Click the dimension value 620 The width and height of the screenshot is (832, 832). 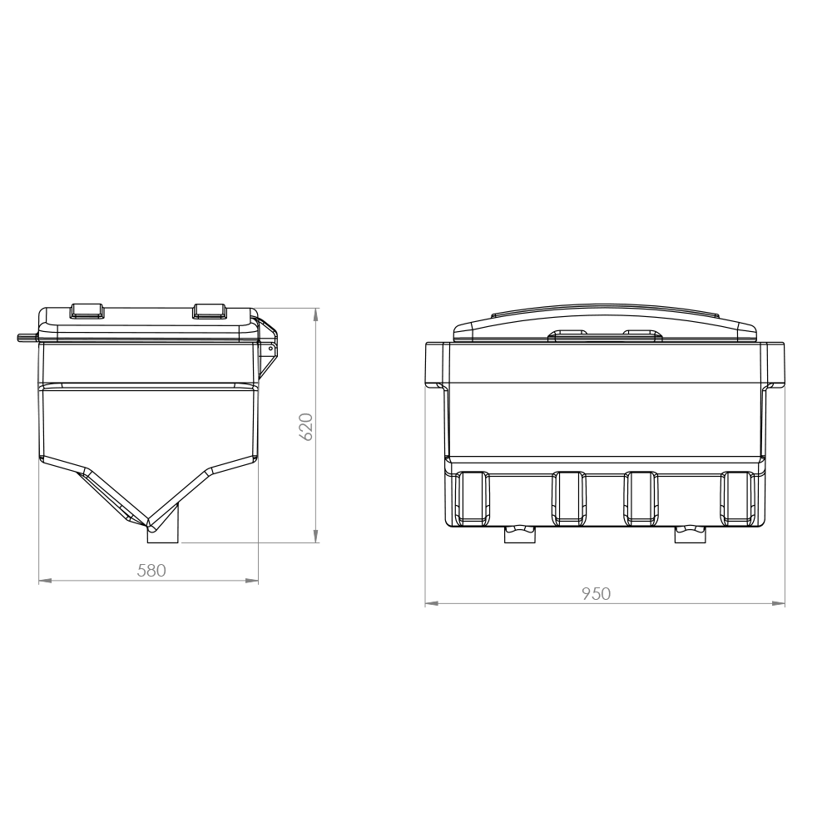tap(306, 426)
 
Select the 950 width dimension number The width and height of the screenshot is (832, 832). tap(596, 593)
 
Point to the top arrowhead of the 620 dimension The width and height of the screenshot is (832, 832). tap(315, 314)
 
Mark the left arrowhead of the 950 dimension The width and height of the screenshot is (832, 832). tap(431, 603)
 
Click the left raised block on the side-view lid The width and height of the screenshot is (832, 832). tap(86, 310)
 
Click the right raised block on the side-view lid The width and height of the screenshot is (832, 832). tap(209, 310)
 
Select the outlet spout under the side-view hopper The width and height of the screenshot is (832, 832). tap(163, 533)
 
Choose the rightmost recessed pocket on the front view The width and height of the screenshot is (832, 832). tap(737, 498)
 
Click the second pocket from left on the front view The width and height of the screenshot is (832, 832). tap(570, 498)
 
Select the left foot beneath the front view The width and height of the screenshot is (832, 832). tap(521, 533)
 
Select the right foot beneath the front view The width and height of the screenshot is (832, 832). tap(690, 533)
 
